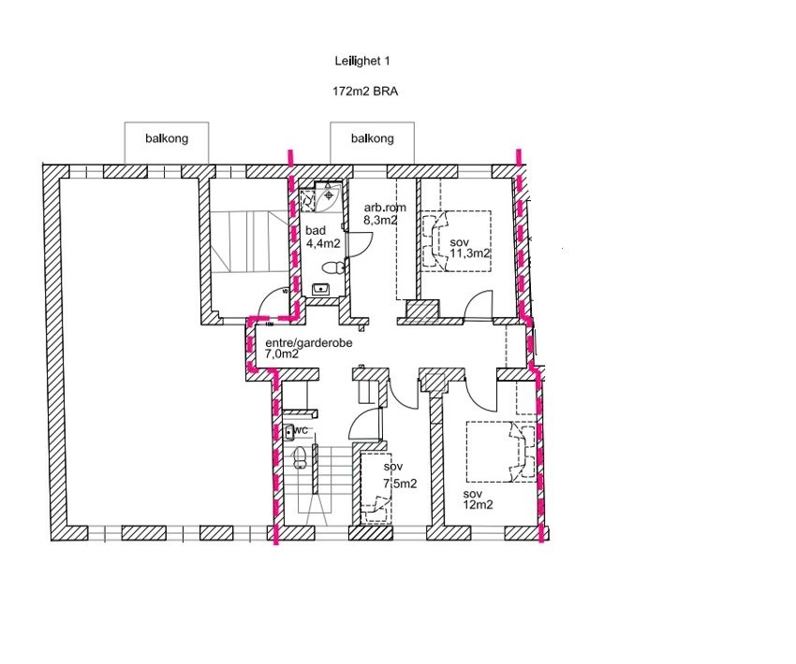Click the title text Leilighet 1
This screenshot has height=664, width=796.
pos(361,61)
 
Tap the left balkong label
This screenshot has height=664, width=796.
pos(167,138)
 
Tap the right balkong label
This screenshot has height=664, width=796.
pos(372,138)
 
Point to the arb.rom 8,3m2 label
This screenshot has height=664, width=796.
pos(382,214)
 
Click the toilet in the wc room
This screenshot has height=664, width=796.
pos(300,459)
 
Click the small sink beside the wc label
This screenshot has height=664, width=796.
pos(288,431)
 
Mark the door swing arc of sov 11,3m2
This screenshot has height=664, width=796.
pos(479,303)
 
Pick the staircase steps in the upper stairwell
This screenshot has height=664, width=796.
pos(245,238)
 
